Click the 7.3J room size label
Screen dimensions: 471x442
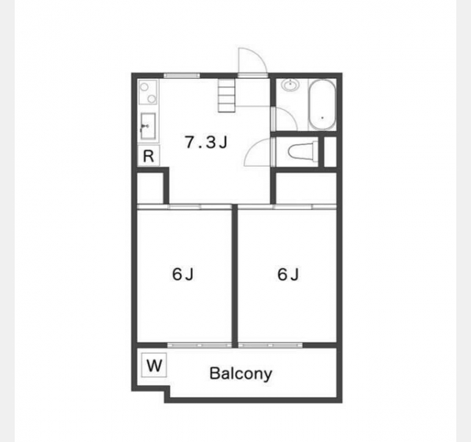(x=206, y=142)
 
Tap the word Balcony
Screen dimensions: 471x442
(x=241, y=373)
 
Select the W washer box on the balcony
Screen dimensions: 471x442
(x=154, y=365)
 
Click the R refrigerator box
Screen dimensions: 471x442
(x=149, y=155)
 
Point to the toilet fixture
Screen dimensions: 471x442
(x=302, y=151)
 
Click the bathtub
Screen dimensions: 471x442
(x=322, y=105)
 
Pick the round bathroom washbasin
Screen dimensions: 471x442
(x=290, y=85)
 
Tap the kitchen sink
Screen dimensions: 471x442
(x=148, y=126)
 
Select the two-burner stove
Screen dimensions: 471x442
(x=148, y=92)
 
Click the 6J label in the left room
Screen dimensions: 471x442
(x=183, y=274)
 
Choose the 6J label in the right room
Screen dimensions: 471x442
(x=288, y=274)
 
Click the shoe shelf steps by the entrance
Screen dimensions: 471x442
(x=227, y=96)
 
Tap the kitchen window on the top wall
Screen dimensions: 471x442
(x=182, y=75)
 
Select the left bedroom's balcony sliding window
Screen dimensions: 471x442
(x=199, y=345)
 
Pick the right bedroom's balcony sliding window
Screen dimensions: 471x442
(x=270, y=345)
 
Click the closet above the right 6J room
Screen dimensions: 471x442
(x=306, y=189)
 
